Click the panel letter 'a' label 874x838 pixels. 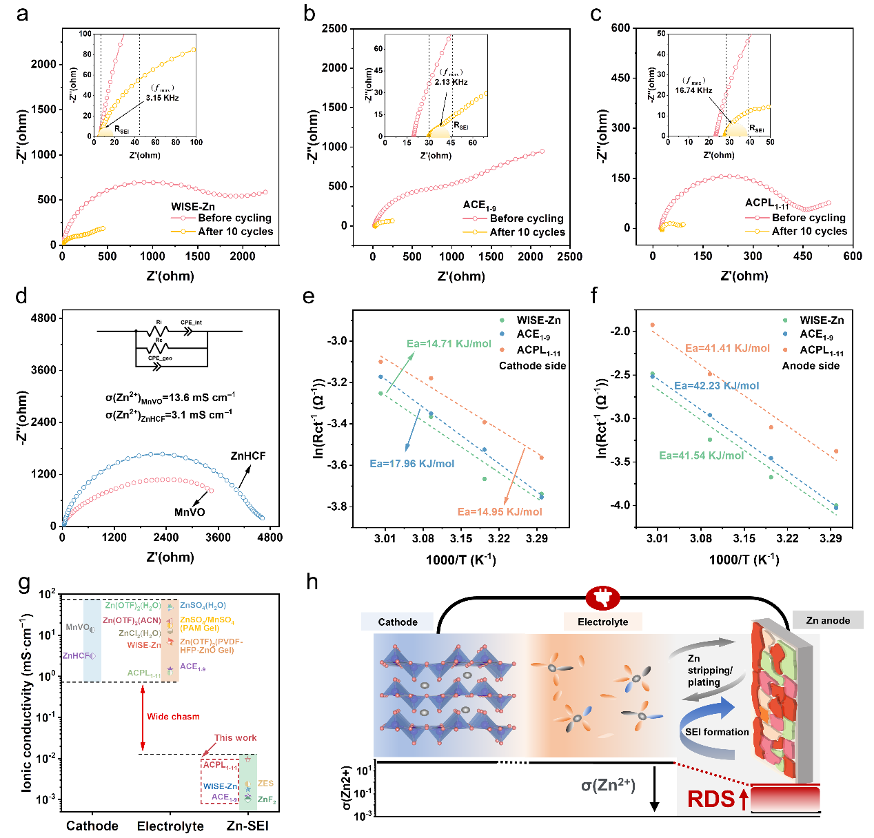point(23,14)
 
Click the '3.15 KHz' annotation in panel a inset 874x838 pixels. point(163,98)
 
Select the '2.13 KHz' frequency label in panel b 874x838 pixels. point(451,82)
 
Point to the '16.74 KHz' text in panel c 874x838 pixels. point(693,90)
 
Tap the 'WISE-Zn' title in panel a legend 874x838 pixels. point(193,206)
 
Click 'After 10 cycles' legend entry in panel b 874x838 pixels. point(527,232)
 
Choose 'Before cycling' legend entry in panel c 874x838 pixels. point(809,218)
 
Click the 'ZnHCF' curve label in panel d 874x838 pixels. point(248,456)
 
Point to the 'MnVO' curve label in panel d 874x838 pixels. point(190,512)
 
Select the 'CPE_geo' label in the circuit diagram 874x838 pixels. point(160,358)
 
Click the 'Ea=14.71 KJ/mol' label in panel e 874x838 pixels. point(449,344)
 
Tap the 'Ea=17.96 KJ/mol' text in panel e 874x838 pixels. point(412,464)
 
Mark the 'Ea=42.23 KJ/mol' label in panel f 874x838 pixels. point(716,386)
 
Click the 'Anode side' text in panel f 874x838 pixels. point(811,366)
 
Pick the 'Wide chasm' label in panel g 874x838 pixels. point(173,717)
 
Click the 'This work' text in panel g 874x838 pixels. point(235,737)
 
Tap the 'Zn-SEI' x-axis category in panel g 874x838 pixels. point(247,826)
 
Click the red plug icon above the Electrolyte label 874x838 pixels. point(602,598)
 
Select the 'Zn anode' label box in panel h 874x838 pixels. point(828,620)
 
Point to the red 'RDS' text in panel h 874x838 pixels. point(711,799)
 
